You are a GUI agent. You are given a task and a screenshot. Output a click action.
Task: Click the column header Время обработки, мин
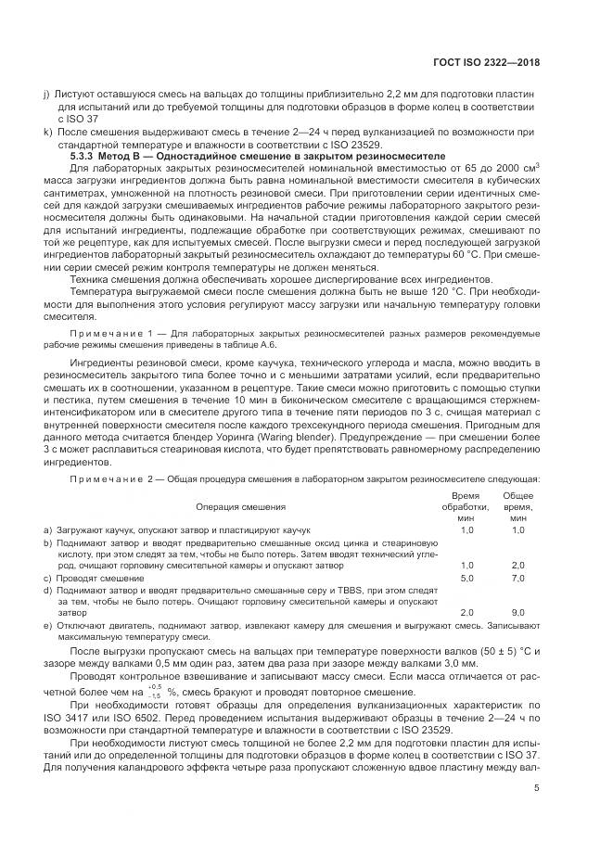click(x=466, y=507)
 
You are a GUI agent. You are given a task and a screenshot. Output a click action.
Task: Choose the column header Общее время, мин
click(x=517, y=507)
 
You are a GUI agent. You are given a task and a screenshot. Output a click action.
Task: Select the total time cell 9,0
click(x=517, y=613)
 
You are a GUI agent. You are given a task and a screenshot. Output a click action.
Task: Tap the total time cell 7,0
click(x=517, y=578)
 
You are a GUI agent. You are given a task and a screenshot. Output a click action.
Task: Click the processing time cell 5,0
click(x=466, y=578)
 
